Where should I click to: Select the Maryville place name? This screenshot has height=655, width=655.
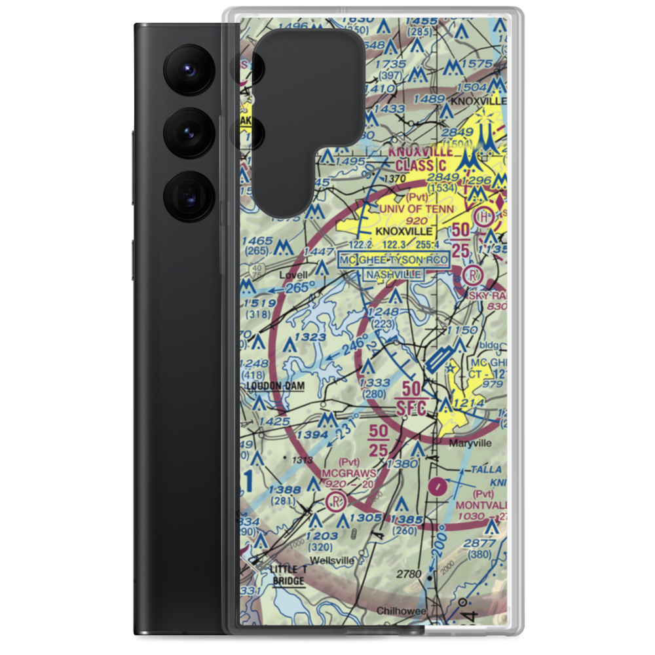click(470, 443)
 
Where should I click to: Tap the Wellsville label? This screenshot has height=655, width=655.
click(331, 561)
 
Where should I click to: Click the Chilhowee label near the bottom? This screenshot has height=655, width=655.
click(402, 611)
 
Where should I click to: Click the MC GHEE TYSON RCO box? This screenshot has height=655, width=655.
click(394, 260)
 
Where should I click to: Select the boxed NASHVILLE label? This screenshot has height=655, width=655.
click(393, 275)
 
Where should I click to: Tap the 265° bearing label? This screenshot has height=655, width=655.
click(300, 286)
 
